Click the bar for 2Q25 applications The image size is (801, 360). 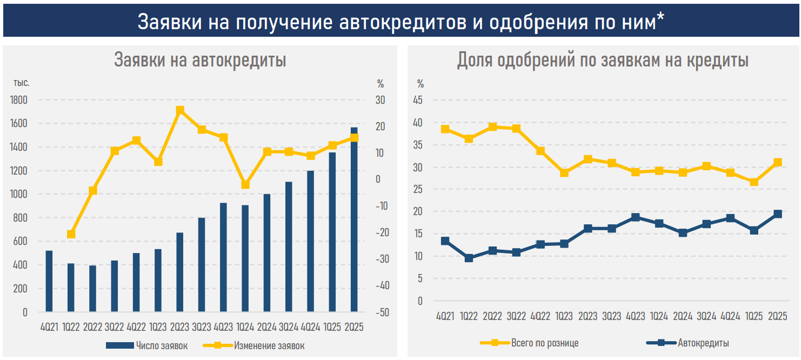pyautogui.click(x=354, y=222)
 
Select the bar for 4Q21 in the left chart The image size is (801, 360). pyautogui.click(x=49, y=281)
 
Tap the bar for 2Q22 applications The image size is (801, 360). pyautogui.click(x=92, y=289)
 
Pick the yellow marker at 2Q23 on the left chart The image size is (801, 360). pyautogui.click(x=180, y=110)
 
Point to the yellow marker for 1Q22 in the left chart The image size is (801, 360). pyautogui.click(x=71, y=234)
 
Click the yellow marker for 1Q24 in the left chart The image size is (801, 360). pyautogui.click(x=245, y=184)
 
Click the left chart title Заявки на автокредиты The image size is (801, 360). pyautogui.click(x=200, y=60)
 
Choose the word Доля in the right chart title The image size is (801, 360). pyautogui.click(x=474, y=60)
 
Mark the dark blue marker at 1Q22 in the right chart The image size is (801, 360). pyautogui.click(x=469, y=258)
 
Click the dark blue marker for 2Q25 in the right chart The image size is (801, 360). pyautogui.click(x=777, y=214)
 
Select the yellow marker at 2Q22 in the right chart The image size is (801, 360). pyautogui.click(x=492, y=127)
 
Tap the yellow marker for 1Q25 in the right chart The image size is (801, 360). pyautogui.click(x=754, y=182)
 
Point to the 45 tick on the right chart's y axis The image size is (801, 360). pyautogui.click(x=418, y=100)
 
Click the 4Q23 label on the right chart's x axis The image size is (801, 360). pyautogui.click(x=635, y=317)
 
